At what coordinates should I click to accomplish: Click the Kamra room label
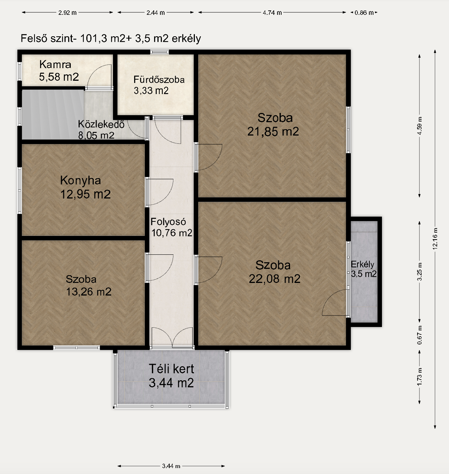coord(55,64)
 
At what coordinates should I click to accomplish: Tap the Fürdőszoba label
coord(159,80)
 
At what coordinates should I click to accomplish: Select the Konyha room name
coord(80,181)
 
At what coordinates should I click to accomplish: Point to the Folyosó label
coord(168,222)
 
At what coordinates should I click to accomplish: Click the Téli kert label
coord(171,368)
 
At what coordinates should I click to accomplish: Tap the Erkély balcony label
coord(362,264)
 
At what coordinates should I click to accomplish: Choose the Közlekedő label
coord(101,124)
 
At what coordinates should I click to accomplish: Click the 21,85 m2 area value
coord(273,131)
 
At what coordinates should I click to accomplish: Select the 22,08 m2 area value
coord(275,279)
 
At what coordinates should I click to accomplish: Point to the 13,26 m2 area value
coord(89,292)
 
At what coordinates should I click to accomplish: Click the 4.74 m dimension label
coord(272,13)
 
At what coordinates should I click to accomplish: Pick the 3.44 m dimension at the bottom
coord(171,466)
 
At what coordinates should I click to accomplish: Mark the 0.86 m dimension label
coord(364,13)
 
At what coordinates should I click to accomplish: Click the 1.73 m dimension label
coord(420,377)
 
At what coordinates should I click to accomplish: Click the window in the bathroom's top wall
coord(159,52)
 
